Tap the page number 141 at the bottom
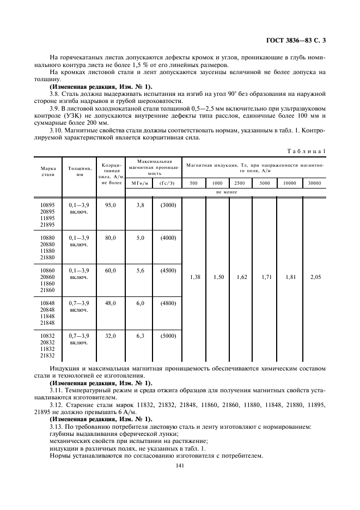coord(180,465)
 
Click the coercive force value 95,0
coord(111,205)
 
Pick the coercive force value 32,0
coord(111,336)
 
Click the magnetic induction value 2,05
coord(315,277)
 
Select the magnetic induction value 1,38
coord(195,277)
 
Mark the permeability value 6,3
coord(139,336)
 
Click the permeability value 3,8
coord(139,205)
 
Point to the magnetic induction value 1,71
coord(265,277)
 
